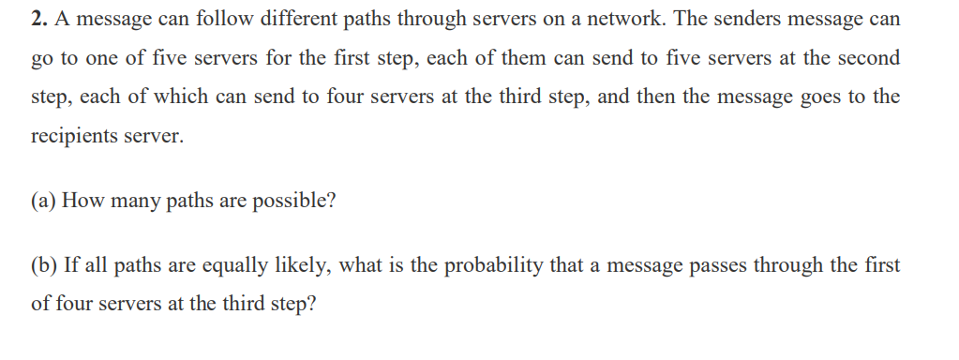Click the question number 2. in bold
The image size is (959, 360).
click(x=38, y=20)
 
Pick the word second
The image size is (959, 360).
click(x=867, y=58)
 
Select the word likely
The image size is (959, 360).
click(x=297, y=265)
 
